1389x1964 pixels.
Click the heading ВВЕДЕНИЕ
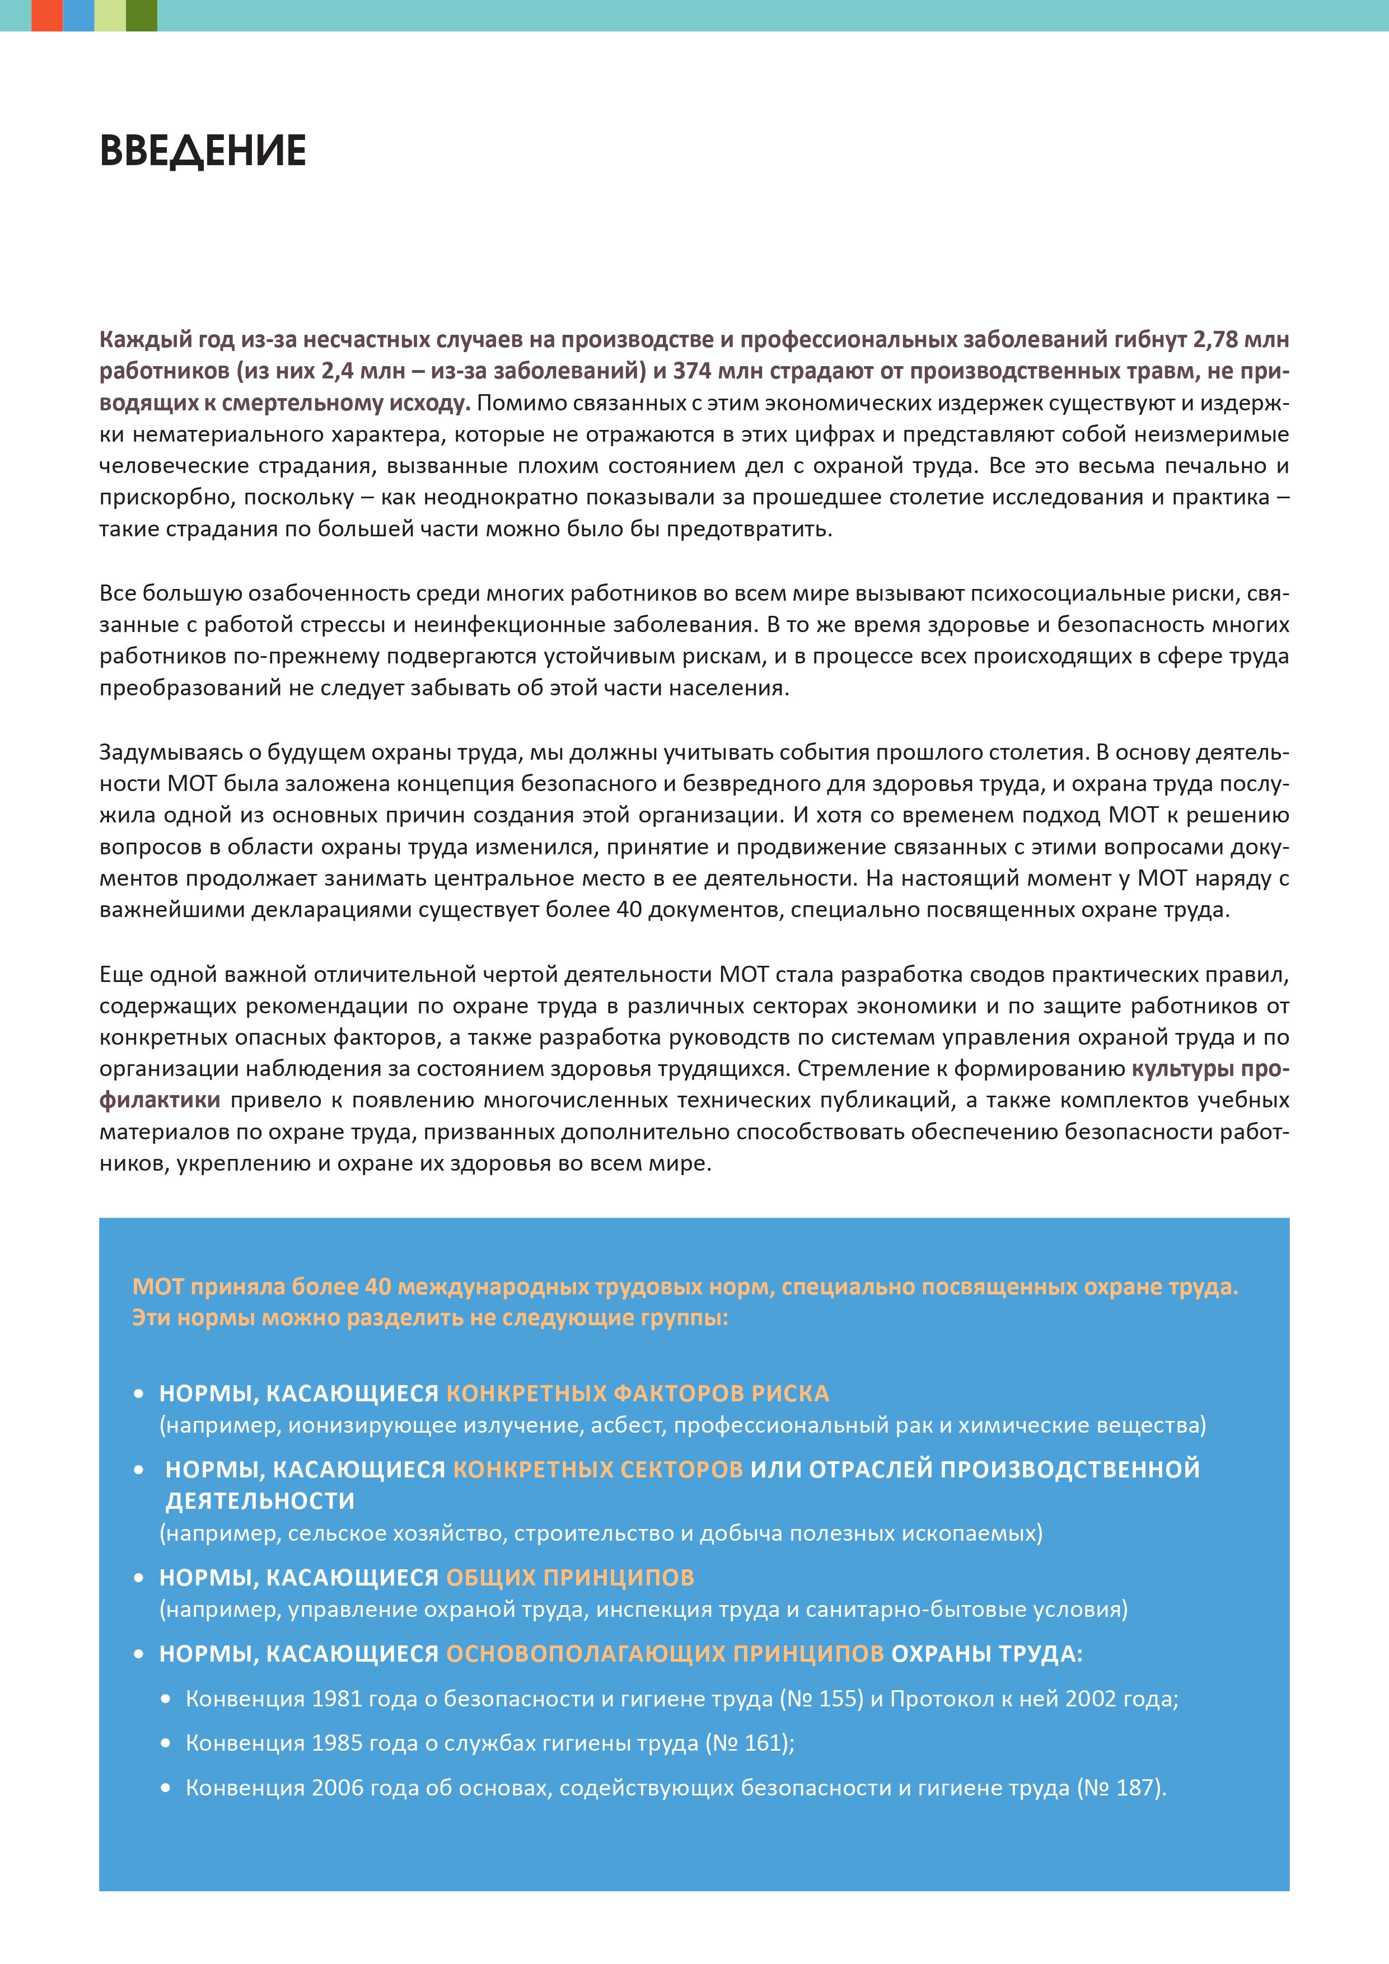point(203,151)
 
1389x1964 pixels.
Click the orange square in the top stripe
point(47,16)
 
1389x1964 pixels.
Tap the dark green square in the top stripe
point(141,16)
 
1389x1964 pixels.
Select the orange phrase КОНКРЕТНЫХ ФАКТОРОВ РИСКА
point(637,1393)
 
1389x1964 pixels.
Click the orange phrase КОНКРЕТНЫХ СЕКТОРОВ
point(597,1470)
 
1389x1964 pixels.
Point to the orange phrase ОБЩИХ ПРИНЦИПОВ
point(569,1577)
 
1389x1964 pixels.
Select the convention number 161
point(763,1743)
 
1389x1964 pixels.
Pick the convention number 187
point(1135,1788)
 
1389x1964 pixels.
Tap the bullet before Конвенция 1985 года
point(166,1743)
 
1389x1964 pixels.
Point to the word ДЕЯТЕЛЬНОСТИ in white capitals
point(260,1501)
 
